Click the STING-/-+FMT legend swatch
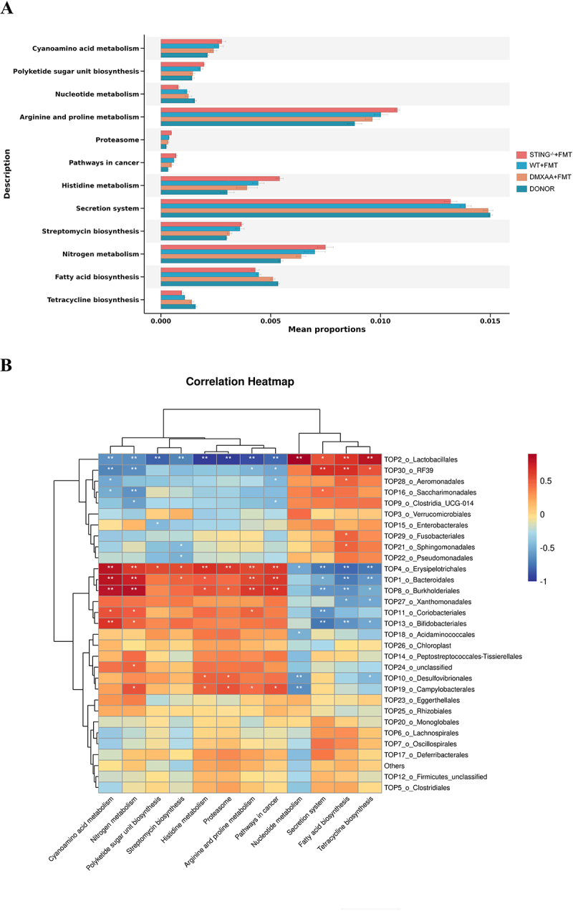521,155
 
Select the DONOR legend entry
548,189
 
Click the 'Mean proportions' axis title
327,330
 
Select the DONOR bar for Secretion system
325,215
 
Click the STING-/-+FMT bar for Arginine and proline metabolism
279,110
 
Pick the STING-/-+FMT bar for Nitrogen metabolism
243,247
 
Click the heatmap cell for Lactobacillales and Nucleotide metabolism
299,458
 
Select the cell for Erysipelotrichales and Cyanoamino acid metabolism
110,567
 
